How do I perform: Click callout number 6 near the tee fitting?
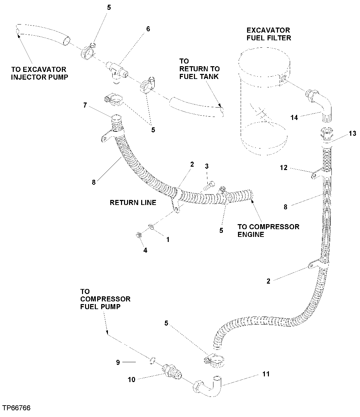pyautogui.click(x=148, y=29)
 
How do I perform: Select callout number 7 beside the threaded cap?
pyautogui.click(x=86, y=106)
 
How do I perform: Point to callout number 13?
pyautogui.click(x=352, y=133)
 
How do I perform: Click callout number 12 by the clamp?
pyautogui.click(x=284, y=167)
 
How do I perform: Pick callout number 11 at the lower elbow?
pyautogui.click(x=266, y=374)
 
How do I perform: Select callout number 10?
pyautogui.click(x=131, y=379)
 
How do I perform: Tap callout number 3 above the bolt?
pyautogui.click(x=207, y=166)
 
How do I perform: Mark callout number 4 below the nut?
pyautogui.click(x=145, y=250)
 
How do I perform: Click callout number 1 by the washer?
pyautogui.click(x=168, y=240)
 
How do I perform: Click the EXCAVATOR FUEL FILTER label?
pyautogui.click(x=269, y=34)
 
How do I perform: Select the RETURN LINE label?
pyautogui.click(x=133, y=203)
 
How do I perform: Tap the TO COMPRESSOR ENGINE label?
pyautogui.click(x=268, y=230)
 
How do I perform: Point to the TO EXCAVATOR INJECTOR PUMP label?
pyautogui.click(x=39, y=73)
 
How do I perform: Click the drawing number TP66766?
pyautogui.click(x=16, y=408)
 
